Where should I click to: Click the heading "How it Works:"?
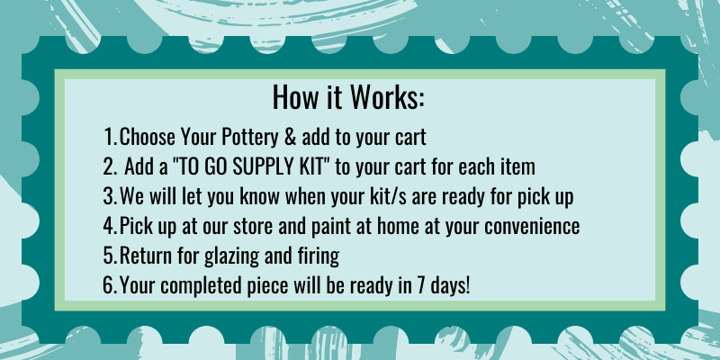348,97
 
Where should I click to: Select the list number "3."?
110,196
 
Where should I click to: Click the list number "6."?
110,286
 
